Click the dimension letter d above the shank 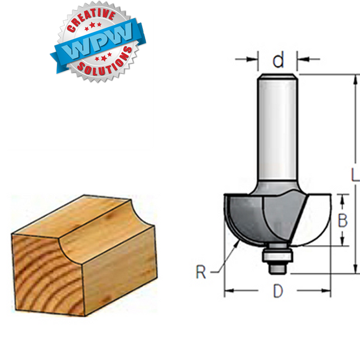[x=279, y=59]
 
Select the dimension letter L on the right [x=356, y=175]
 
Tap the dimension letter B [x=343, y=220]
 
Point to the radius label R [x=201, y=272]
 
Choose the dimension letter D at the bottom [x=278, y=291]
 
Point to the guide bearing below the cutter [x=277, y=255]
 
